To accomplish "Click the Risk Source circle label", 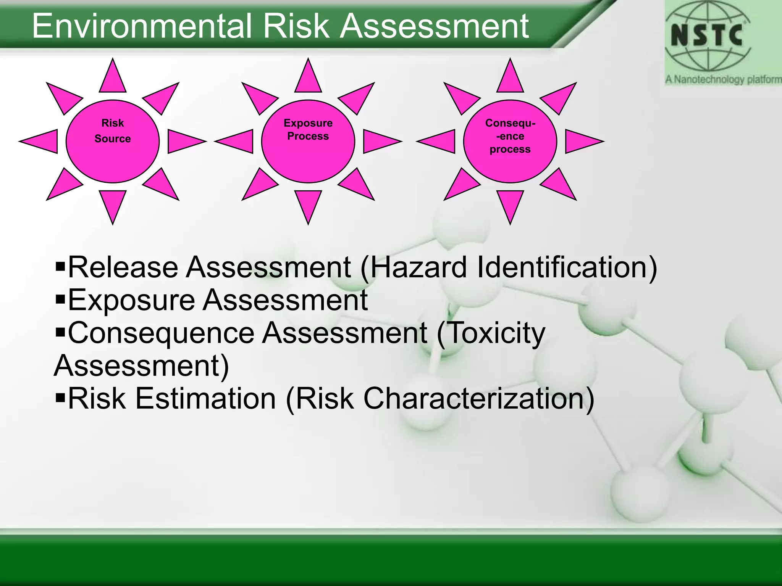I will pos(113,131).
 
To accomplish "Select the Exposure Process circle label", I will pos(308,130).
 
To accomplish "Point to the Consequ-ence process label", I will pos(510,136).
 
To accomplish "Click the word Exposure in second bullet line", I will pos(132,300).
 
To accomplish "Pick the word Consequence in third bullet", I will pos(161,333).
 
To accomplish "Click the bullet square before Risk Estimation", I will pos(60,398).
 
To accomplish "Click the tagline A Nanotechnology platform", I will pos(723,79).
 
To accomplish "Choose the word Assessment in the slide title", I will pos(434,26).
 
